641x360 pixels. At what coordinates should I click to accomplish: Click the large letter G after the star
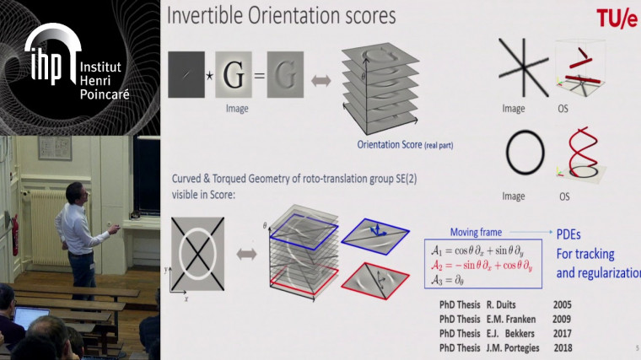tap(234, 73)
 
